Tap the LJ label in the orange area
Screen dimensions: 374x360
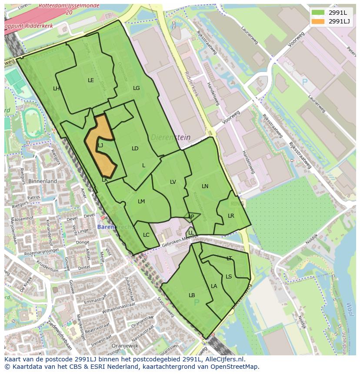(100, 146)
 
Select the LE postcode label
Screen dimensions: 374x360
(91, 80)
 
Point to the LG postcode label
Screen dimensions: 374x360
(137, 88)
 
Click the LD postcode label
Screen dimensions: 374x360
(135, 149)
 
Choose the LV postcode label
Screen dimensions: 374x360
(173, 182)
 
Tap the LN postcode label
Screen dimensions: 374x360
(205, 186)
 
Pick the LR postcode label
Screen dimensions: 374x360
(231, 216)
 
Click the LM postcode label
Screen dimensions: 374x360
(141, 202)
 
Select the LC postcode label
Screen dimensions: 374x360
(146, 235)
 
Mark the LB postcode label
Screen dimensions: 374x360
(192, 295)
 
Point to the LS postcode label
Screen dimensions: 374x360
(229, 277)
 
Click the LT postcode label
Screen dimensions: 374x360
(229, 258)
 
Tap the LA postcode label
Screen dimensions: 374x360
(214, 286)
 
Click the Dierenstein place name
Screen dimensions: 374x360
(170, 137)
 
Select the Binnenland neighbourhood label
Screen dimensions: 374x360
(43, 181)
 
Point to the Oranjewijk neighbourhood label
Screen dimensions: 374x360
(112, 346)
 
